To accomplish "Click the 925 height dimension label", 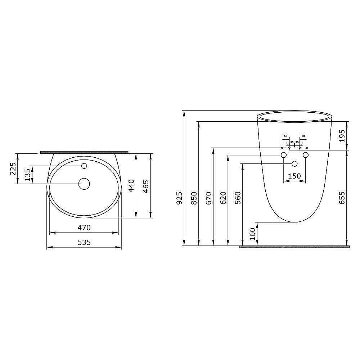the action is click(x=179, y=198).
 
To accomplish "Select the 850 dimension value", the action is click(x=194, y=198).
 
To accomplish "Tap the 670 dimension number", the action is click(x=209, y=198).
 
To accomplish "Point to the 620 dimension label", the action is click(x=223, y=198).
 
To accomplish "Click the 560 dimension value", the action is click(x=238, y=198).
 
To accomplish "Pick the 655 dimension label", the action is click(x=342, y=198).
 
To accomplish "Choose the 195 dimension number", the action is click(x=342, y=136).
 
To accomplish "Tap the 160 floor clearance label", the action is click(x=252, y=234).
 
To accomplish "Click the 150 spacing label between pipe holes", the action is click(x=294, y=176).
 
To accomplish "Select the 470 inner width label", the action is click(x=84, y=228).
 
